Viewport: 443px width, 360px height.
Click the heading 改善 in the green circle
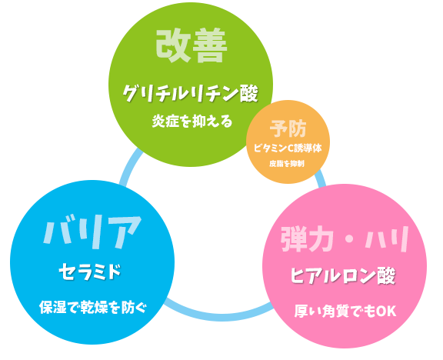[192, 45]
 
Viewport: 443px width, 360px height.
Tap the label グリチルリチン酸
[191, 93]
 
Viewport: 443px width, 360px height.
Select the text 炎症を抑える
[192, 122]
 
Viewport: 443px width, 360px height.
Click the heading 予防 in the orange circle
[288, 128]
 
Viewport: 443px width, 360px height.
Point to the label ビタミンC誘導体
[288, 148]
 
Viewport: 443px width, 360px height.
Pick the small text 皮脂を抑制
[286, 164]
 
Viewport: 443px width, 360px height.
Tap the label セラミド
[90, 272]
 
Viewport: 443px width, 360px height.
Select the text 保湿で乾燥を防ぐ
[93, 308]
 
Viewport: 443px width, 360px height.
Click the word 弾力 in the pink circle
[307, 239]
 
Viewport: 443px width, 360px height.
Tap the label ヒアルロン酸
[343, 275]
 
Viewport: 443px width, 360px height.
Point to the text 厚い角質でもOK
[345, 311]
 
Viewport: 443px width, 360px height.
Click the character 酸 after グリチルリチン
[249, 93]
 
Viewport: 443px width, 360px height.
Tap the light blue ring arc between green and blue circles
[128, 167]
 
